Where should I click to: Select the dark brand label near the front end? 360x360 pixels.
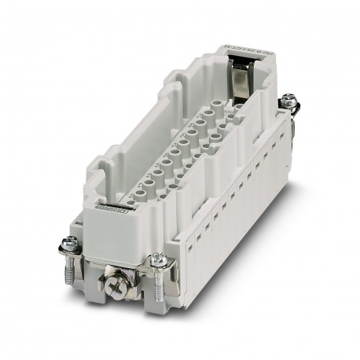[111, 208]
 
